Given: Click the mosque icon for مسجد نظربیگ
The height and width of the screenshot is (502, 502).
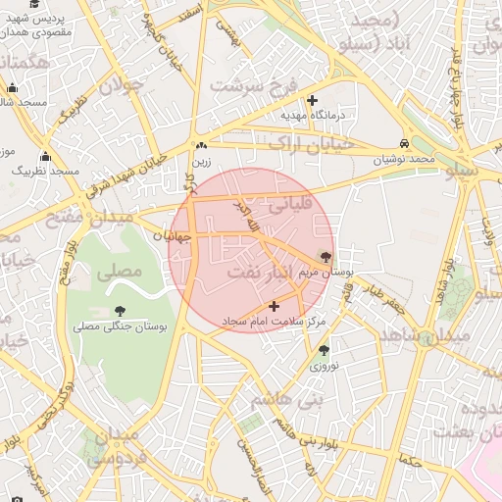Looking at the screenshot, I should pyautogui.click(x=45, y=156).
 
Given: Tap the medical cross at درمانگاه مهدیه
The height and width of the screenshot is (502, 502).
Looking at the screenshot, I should pyautogui.click(x=312, y=100).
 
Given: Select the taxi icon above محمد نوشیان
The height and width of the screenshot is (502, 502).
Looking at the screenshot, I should pyautogui.click(x=404, y=142).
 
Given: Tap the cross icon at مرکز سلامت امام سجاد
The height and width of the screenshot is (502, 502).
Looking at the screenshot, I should pyautogui.click(x=274, y=307).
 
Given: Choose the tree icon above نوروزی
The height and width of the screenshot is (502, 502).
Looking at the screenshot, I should pyautogui.click(x=324, y=350).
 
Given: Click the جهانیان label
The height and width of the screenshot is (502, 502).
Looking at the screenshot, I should pyautogui.click(x=171, y=236).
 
